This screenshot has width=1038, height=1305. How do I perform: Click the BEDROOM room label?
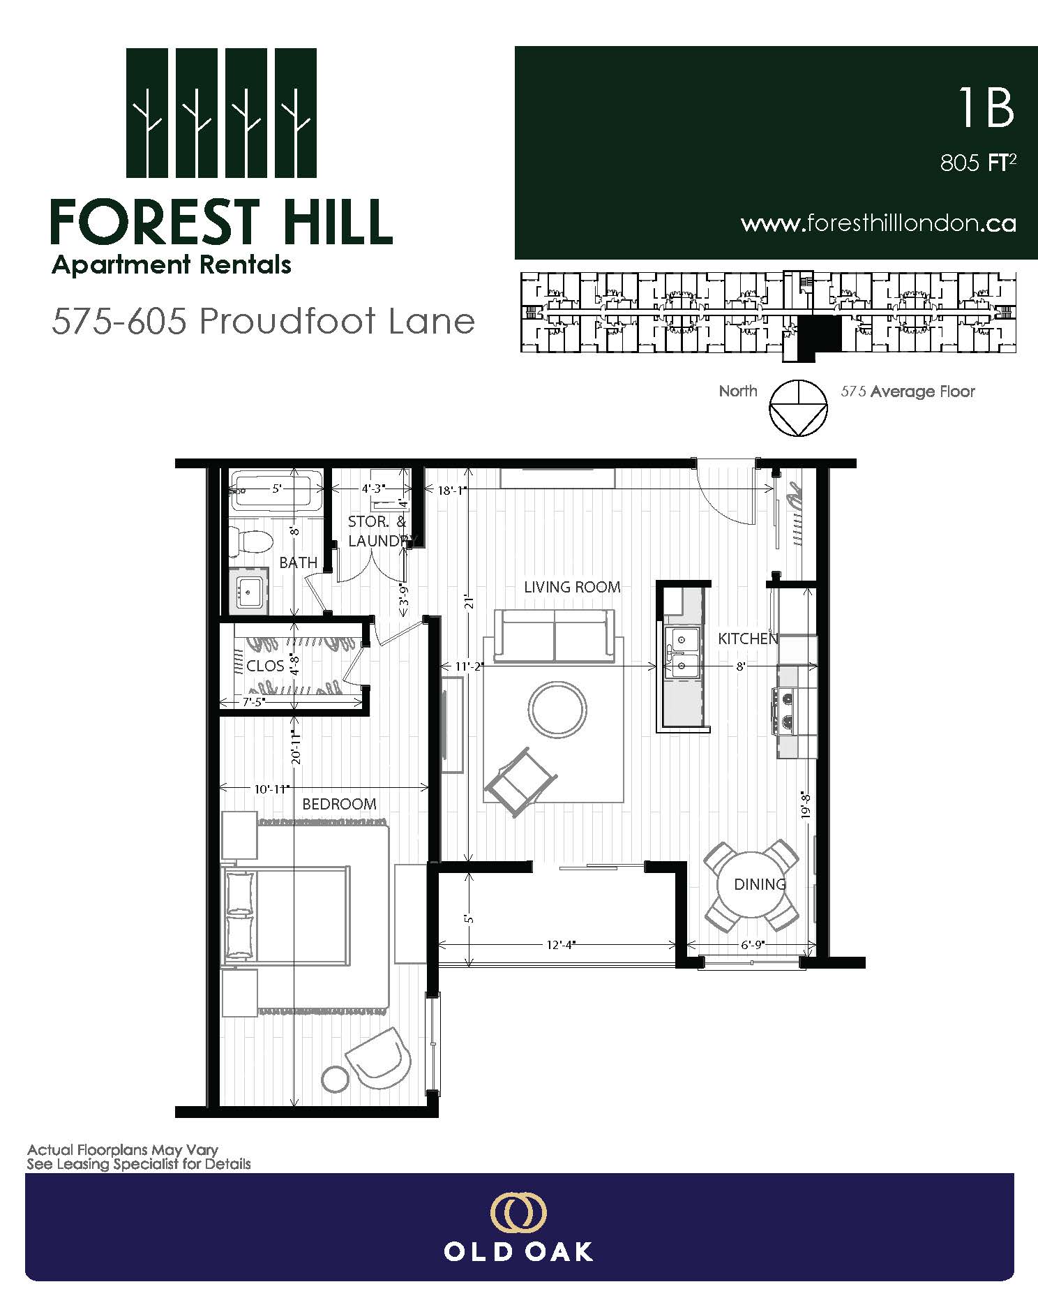coord(339,804)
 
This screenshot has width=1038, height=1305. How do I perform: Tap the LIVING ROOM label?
coord(572,587)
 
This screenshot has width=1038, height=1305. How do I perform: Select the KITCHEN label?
coord(748,639)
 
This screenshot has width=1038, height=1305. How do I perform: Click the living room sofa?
coord(555,636)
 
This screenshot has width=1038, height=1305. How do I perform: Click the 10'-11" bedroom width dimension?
coord(271,789)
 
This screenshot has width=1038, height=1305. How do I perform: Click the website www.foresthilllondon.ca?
coord(878,223)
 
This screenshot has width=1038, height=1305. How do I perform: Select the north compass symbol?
coord(798,408)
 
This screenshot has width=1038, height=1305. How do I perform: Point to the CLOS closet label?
coord(265,666)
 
